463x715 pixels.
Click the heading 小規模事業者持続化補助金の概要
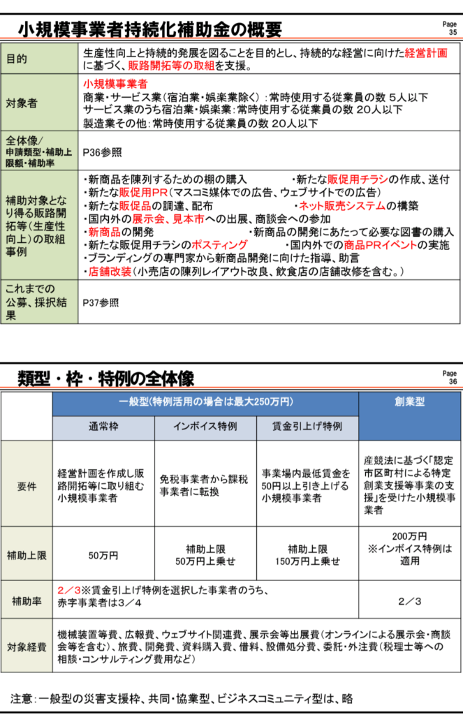click(149, 29)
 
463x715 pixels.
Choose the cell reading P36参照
click(102, 152)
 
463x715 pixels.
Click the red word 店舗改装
click(109, 271)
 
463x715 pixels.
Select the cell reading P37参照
click(101, 302)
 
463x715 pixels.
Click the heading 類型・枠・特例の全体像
click(105, 378)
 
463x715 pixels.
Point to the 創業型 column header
click(410, 402)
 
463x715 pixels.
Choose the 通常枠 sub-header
click(103, 426)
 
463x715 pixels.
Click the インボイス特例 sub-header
click(205, 426)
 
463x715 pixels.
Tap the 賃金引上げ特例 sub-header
click(307, 426)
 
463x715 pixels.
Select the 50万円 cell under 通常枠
click(103, 556)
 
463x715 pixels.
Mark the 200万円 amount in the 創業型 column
click(410, 536)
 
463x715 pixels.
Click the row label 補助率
click(27, 600)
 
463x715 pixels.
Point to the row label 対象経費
click(27, 645)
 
